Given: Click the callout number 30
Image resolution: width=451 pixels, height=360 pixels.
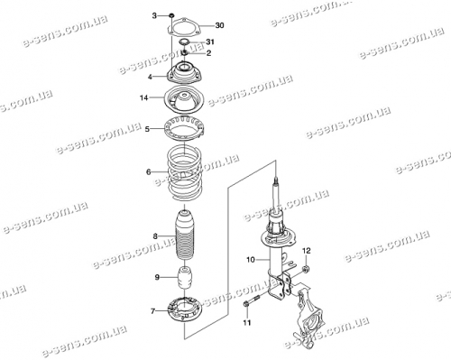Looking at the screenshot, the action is click(220, 25).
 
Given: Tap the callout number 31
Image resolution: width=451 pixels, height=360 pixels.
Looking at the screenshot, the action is click(209, 42).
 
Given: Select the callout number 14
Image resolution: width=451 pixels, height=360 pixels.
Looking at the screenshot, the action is click(144, 97).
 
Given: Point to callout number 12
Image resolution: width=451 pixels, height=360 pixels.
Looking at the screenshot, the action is click(307, 250).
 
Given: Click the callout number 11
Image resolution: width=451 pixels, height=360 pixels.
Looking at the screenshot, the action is click(247, 323).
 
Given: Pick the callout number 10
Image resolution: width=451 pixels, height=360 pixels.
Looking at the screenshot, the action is click(251, 259).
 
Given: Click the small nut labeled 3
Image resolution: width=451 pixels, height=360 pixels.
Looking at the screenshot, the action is click(171, 15).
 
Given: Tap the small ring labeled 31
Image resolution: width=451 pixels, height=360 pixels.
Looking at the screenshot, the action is click(184, 42).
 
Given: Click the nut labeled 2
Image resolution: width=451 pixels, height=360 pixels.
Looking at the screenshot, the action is click(184, 53).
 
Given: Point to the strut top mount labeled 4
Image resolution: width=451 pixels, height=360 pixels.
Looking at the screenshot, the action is click(183, 73).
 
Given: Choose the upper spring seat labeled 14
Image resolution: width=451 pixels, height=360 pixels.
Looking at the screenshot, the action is click(184, 100).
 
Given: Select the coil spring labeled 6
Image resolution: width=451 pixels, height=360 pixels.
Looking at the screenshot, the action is click(183, 173).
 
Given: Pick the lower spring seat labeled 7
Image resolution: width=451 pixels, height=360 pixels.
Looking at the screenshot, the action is click(185, 311).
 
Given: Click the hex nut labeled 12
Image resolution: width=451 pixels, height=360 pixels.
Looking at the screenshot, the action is click(307, 269).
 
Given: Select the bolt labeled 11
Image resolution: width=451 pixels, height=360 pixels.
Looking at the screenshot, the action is click(251, 301).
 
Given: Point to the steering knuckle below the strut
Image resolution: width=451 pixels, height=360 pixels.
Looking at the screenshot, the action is click(309, 318).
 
